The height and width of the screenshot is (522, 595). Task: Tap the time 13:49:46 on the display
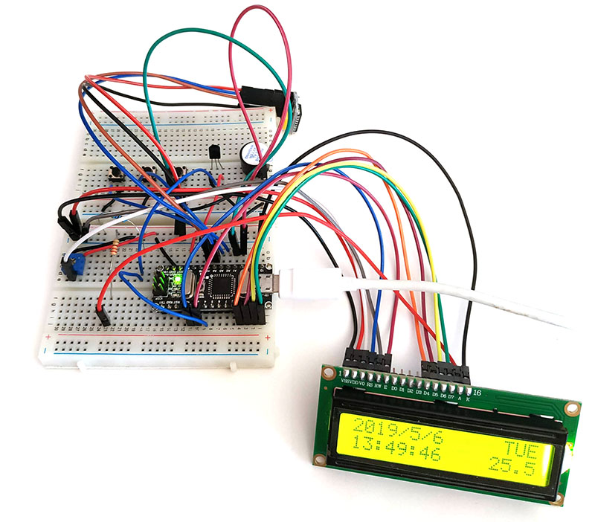[x=396, y=451]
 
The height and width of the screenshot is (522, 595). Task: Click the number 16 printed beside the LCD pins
[x=477, y=392]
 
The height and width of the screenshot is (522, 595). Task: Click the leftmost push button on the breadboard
[x=116, y=174]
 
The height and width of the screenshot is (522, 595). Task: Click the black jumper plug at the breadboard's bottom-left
[x=103, y=316]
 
